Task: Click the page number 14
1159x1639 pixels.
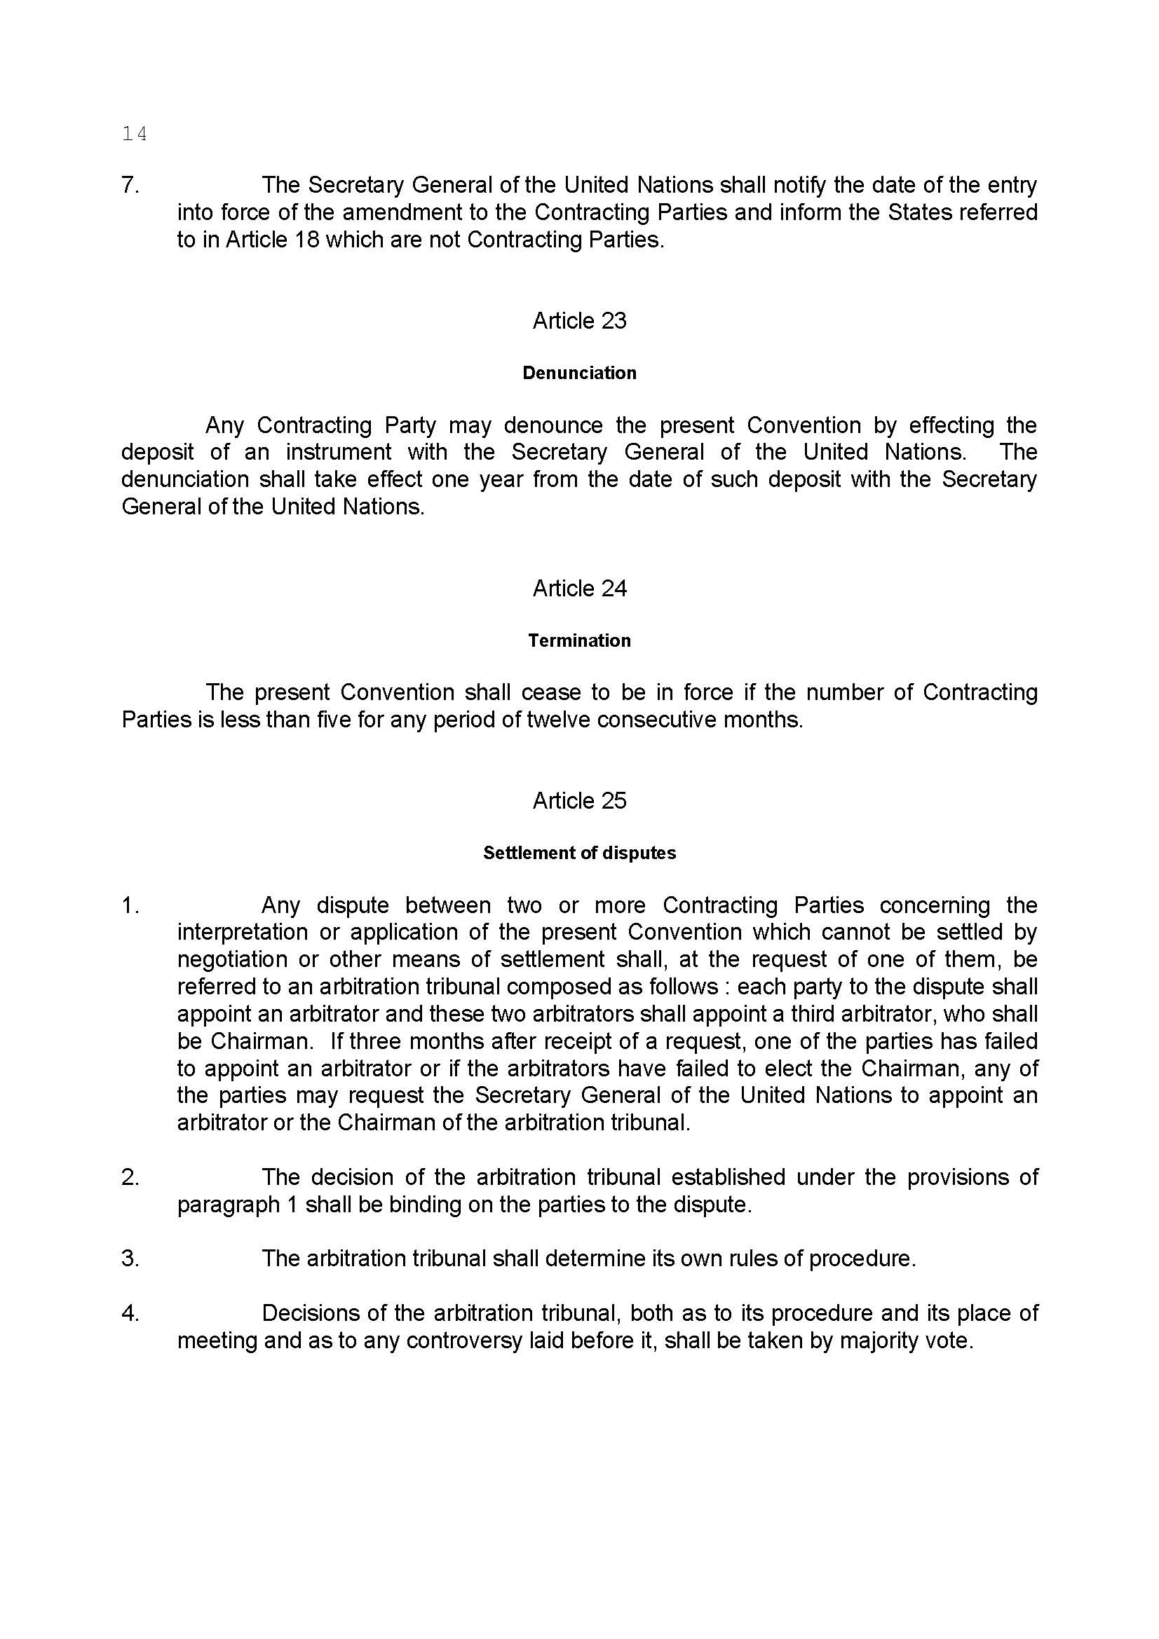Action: point(134,134)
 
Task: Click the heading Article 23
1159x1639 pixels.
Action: point(579,320)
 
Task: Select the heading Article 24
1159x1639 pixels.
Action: point(579,587)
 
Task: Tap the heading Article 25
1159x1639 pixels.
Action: point(579,800)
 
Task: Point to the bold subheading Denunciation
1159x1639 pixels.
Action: point(579,373)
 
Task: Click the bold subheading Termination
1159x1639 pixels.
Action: point(579,640)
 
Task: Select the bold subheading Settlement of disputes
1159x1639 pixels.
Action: point(579,852)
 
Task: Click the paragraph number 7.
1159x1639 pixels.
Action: point(130,185)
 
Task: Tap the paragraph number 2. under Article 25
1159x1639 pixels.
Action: point(130,1177)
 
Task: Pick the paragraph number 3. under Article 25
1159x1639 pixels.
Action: point(130,1258)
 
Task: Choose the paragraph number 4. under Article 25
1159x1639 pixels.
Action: point(130,1312)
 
